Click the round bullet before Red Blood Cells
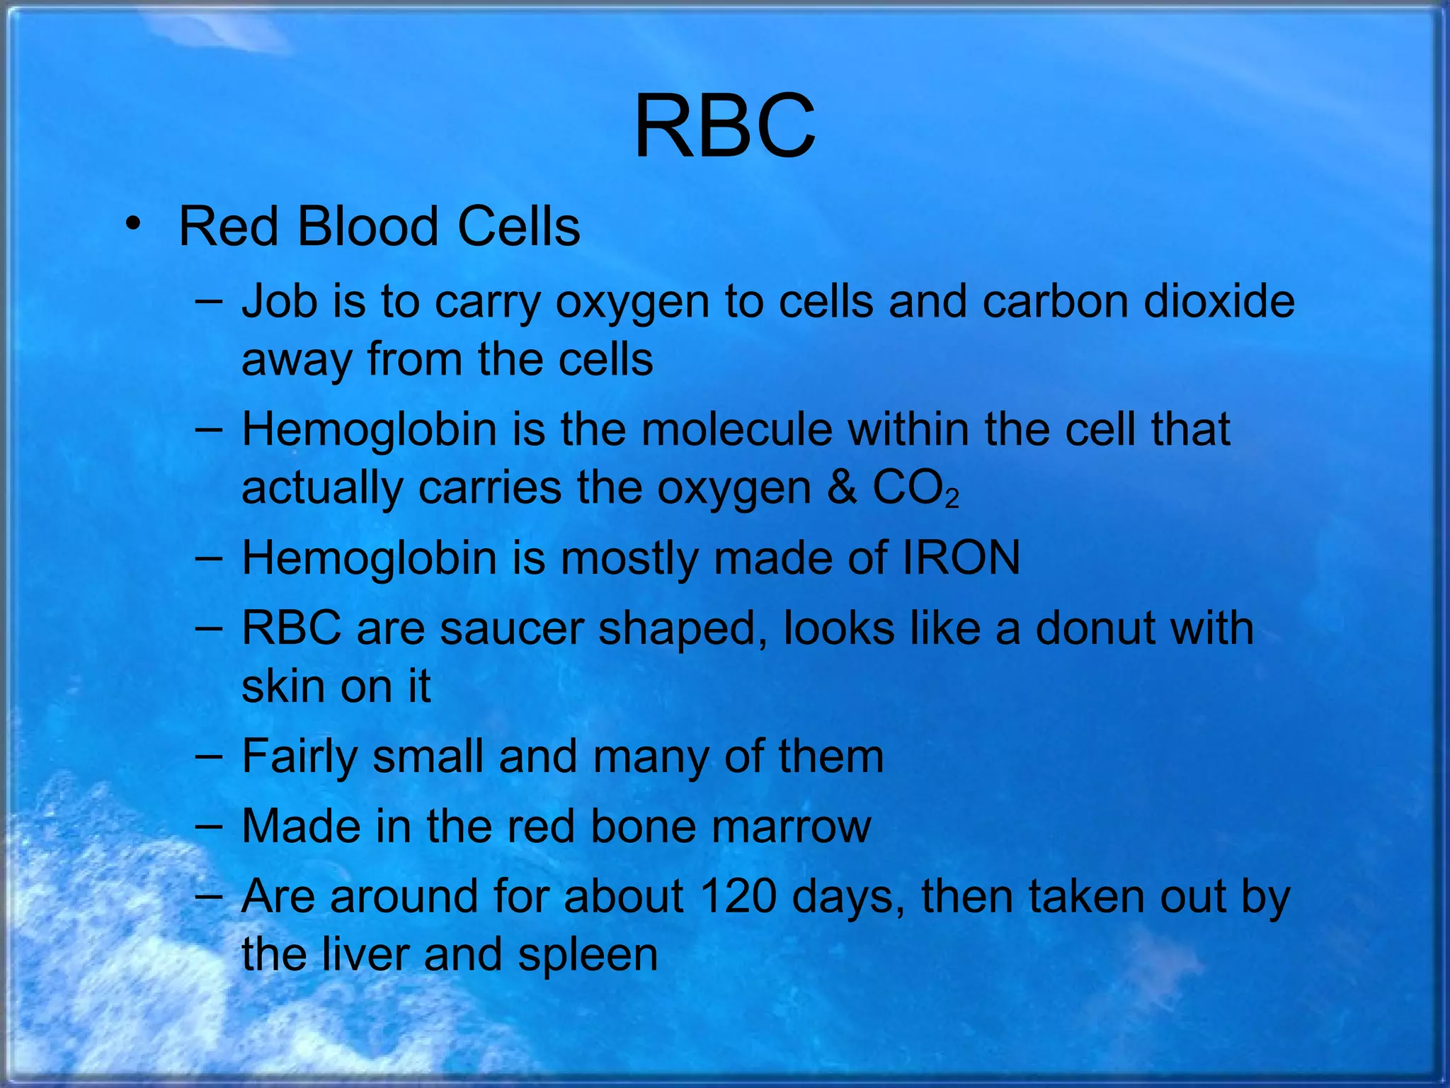132,225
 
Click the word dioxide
1219,301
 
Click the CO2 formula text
915,489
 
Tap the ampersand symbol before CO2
841,487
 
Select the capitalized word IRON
961,557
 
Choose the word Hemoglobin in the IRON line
369,557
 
